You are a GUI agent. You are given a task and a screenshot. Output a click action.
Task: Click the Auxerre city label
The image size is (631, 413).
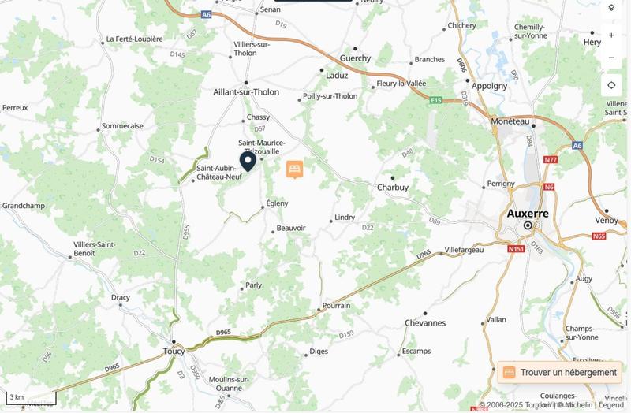(x=528, y=213)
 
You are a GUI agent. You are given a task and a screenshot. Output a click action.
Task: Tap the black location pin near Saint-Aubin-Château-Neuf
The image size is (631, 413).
(x=248, y=162)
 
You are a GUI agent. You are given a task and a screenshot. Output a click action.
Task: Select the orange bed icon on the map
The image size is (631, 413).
(x=294, y=169)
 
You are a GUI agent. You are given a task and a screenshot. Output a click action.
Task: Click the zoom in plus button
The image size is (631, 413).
(x=611, y=35)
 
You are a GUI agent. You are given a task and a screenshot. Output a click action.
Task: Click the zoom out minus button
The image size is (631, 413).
(x=611, y=58)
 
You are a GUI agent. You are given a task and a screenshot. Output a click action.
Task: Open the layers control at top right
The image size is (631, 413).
(x=611, y=8)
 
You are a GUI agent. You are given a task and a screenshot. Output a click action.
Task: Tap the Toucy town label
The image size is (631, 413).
(x=173, y=351)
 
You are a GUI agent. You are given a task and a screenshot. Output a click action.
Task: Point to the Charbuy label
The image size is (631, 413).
(x=392, y=188)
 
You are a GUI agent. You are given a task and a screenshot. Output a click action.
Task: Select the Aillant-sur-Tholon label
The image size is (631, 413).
(x=246, y=92)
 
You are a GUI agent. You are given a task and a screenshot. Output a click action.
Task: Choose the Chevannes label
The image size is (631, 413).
(x=424, y=323)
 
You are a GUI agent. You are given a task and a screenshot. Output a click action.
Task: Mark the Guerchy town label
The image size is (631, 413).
(x=354, y=58)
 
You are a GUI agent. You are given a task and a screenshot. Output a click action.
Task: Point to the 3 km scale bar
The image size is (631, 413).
(x=30, y=399)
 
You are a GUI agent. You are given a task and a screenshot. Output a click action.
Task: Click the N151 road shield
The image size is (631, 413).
(x=517, y=249)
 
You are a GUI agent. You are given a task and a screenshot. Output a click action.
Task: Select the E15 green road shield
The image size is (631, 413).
(x=436, y=100)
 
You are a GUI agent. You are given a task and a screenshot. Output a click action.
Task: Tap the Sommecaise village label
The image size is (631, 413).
(x=123, y=125)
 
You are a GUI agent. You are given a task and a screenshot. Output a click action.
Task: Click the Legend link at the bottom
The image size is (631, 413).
(x=611, y=405)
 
